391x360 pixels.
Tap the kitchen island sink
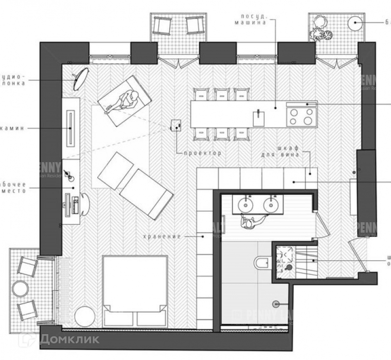(256, 117)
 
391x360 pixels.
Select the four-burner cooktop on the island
(301, 116)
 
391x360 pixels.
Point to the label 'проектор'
(202, 153)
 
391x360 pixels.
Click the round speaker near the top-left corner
(81, 79)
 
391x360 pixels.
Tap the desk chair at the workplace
(85, 203)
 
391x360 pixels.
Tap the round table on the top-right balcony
(354, 22)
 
